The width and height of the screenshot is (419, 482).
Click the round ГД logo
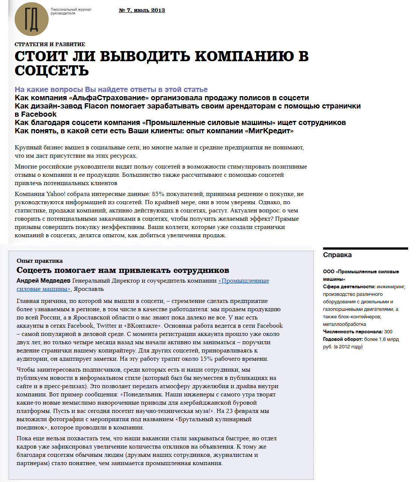[32, 19]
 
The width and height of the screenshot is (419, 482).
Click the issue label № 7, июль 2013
[142, 10]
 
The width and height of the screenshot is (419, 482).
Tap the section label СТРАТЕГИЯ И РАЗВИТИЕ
[50, 44]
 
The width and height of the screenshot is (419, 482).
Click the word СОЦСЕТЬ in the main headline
[52, 71]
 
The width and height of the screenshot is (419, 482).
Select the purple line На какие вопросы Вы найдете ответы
[111, 89]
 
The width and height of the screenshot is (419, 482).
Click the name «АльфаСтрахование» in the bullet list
[109, 98]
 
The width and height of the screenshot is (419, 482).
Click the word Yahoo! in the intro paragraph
[56, 194]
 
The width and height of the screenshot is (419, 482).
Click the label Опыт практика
[39, 261]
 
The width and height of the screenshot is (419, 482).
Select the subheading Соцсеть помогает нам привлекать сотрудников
[123, 270]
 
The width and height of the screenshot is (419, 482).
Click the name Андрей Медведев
[43, 281]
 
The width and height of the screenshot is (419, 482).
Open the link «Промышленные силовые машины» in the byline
[243, 281]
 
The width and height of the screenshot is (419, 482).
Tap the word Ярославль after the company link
[89, 289]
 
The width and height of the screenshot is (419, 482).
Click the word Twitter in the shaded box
[106, 326]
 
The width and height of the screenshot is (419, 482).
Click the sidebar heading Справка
[337, 255]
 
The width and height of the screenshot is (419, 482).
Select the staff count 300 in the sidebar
[388, 332]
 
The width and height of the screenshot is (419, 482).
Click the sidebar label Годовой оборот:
[343, 339]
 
